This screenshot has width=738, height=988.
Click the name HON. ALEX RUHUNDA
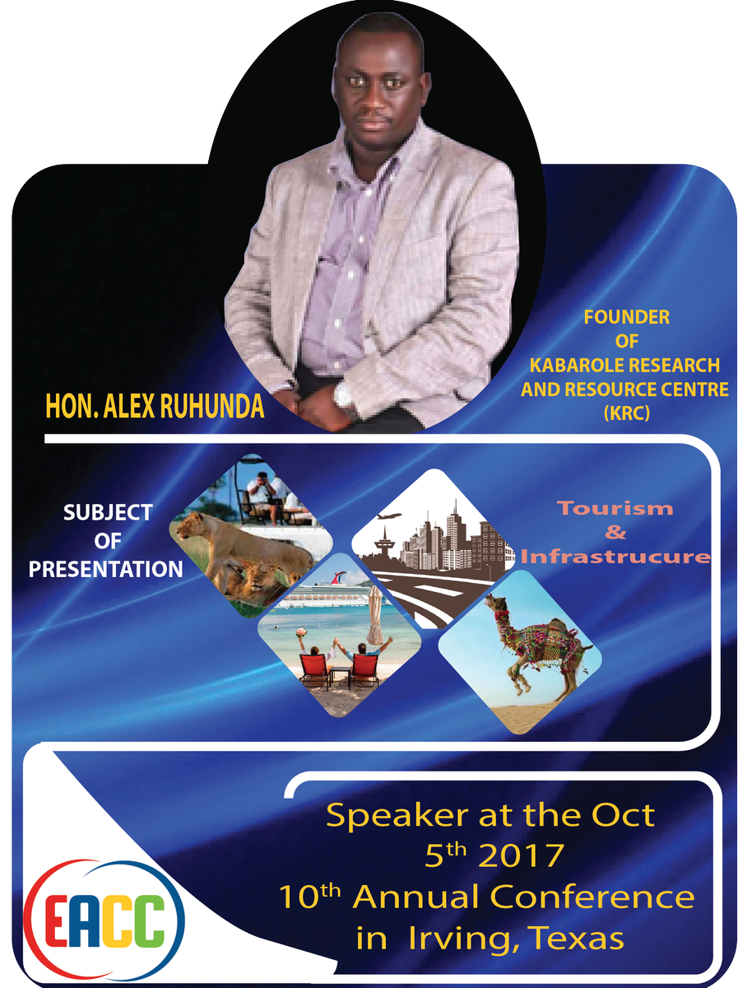[x=155, y=406]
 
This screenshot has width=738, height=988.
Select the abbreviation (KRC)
[x=626, y=413]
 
